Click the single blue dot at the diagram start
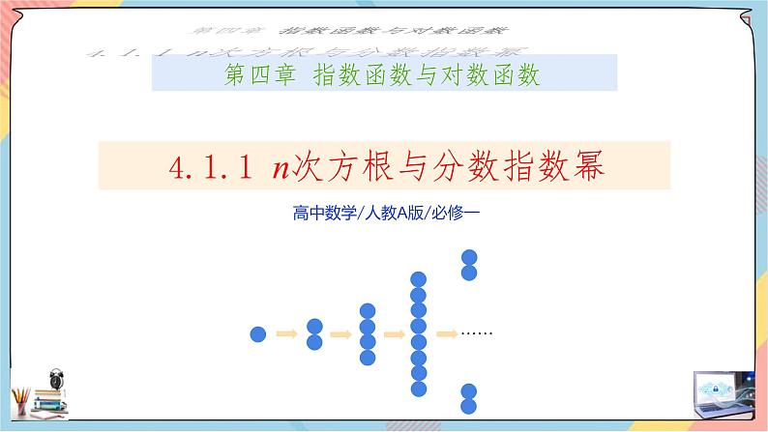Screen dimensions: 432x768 pos(258,334)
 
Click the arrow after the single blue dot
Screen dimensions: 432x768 pos(286,334)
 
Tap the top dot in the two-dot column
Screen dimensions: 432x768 pos(313,327)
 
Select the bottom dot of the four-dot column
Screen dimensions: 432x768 pos(367,358)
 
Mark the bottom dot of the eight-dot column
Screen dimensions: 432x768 pos(419,389)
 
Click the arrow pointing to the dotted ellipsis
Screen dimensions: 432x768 pos(447,334)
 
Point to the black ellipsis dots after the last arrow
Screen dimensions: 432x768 pos(477,333)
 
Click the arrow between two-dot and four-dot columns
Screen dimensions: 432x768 pos(340,334)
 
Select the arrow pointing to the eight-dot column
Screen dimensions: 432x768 pos(394,334)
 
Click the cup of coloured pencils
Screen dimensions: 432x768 pos(20,399)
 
